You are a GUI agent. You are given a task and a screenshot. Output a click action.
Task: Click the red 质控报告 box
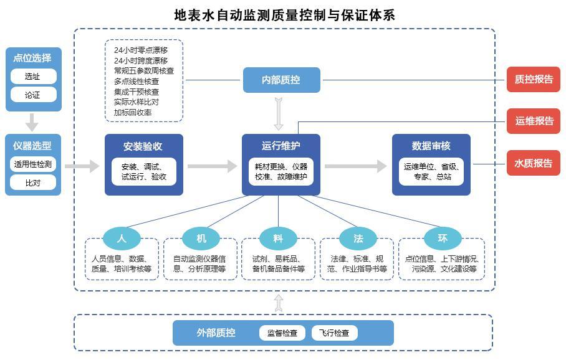(x=533, y=79)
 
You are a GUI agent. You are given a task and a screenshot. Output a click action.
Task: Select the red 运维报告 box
(x=533, y=121)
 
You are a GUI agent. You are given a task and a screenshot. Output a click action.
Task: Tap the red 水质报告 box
(x=533, y=163)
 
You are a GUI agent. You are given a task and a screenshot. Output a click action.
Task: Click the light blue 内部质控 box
(x=281, y=80)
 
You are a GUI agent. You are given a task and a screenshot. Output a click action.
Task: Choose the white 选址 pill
(x=33, y=77)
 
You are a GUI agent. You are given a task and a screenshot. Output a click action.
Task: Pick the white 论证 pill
(x=33, y=95)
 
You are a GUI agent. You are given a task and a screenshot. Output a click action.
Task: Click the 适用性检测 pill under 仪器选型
(x=33, y=164)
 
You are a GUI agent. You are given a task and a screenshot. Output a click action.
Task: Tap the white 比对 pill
(x=33, y=182)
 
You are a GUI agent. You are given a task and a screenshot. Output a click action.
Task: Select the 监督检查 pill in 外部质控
(x=282, y=333)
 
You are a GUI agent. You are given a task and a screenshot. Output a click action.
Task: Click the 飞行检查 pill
(x=334, y=333)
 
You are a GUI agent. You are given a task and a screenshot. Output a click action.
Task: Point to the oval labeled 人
(x=122, y=238)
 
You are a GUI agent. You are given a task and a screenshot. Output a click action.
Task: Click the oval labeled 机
(x=201, y=238)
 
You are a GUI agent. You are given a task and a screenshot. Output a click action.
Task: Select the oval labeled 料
(x=279, y=238)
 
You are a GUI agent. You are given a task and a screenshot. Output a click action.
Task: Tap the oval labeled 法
(x=358, y=238)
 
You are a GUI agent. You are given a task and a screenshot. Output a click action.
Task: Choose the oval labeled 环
(x=443, y=238)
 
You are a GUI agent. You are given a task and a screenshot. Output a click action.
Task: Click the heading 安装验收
(x=143, y=146)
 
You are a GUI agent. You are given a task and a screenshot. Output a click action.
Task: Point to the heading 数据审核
(x=431, y=146)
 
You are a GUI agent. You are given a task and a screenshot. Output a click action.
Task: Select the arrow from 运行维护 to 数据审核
(x=355, y=166)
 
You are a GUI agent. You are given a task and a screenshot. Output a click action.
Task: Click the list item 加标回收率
(x=133, y=113)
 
